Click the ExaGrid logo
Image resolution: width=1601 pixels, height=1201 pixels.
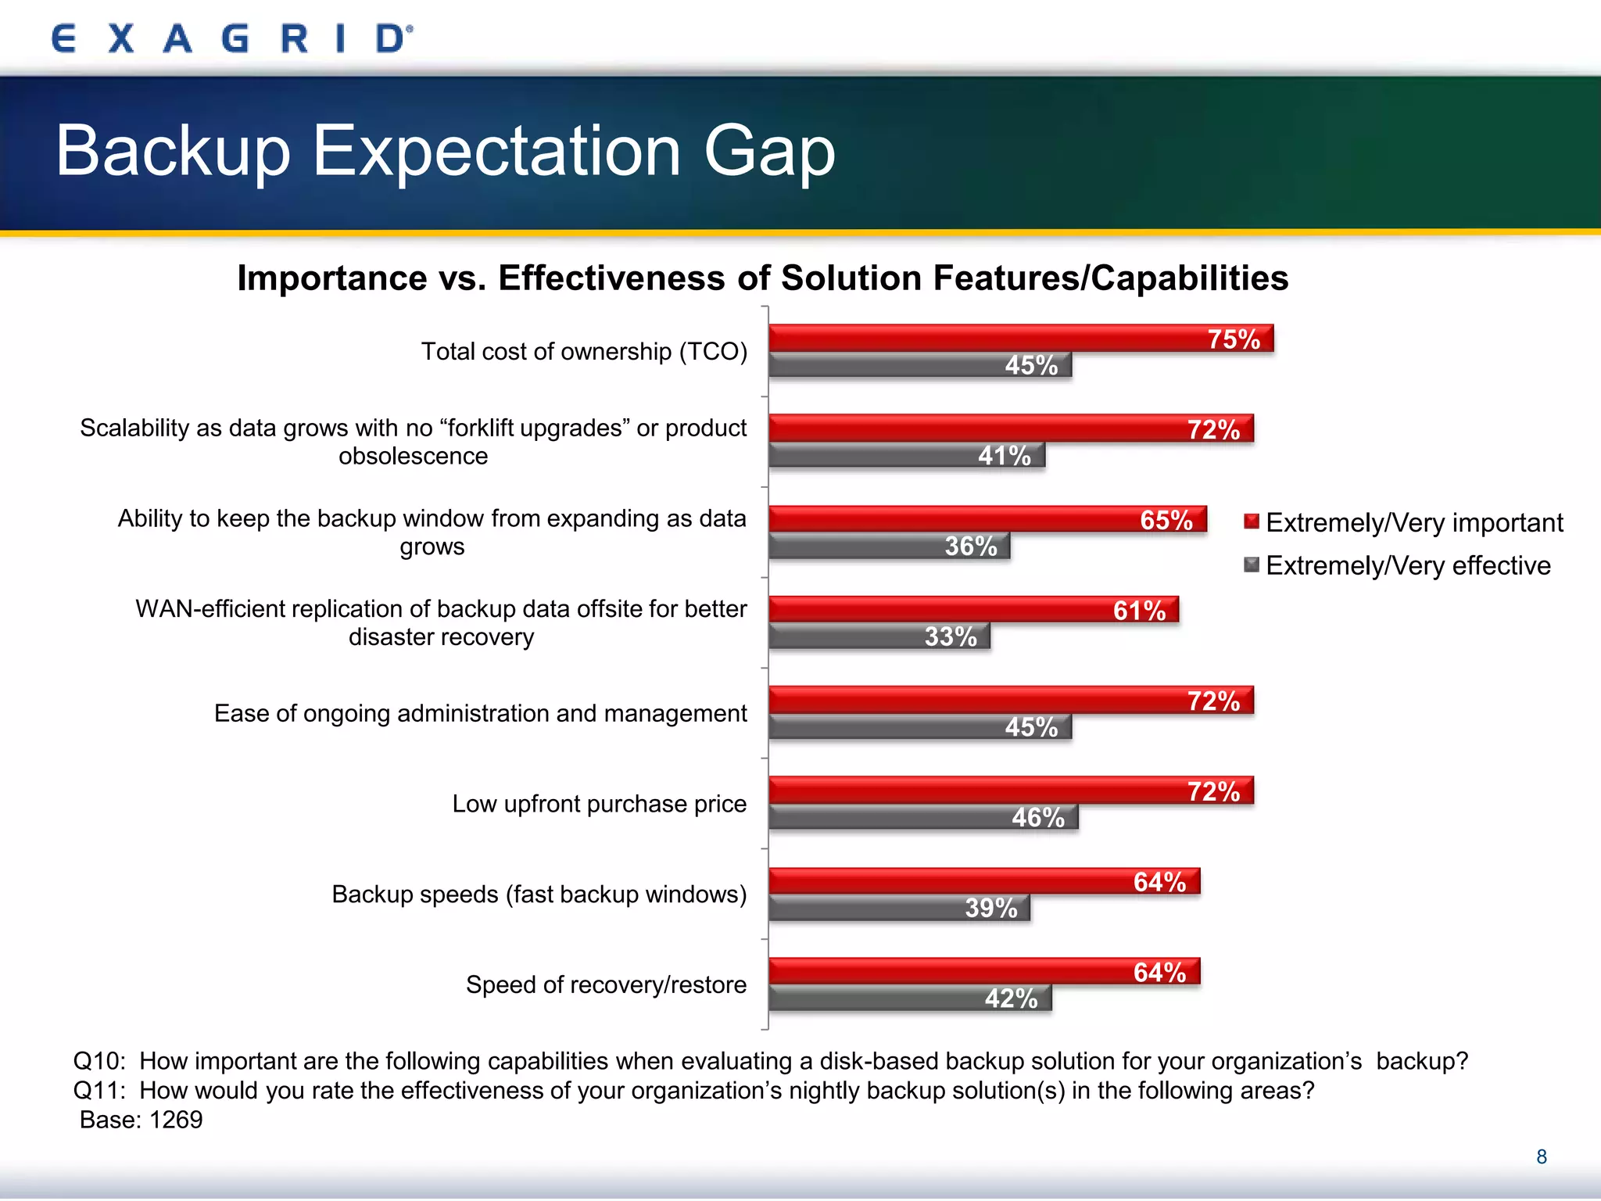point(231,38)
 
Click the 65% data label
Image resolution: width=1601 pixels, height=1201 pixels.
point(1166,520)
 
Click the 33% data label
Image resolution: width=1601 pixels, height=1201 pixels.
point(951,636)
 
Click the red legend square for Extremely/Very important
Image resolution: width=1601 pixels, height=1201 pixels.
point(1252,522)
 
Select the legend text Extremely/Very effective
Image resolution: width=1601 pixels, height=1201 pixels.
point(1408,565)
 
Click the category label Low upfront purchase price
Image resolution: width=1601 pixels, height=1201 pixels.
point(599,804)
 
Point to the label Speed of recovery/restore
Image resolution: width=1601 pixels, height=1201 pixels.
point(606,984)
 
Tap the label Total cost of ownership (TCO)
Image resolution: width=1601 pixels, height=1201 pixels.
point(584,352)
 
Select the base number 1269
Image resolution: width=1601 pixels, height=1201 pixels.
point(176,1120)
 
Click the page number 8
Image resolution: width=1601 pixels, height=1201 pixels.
point(1541,1156)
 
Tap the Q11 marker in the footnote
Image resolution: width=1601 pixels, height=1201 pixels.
point(98,1090)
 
